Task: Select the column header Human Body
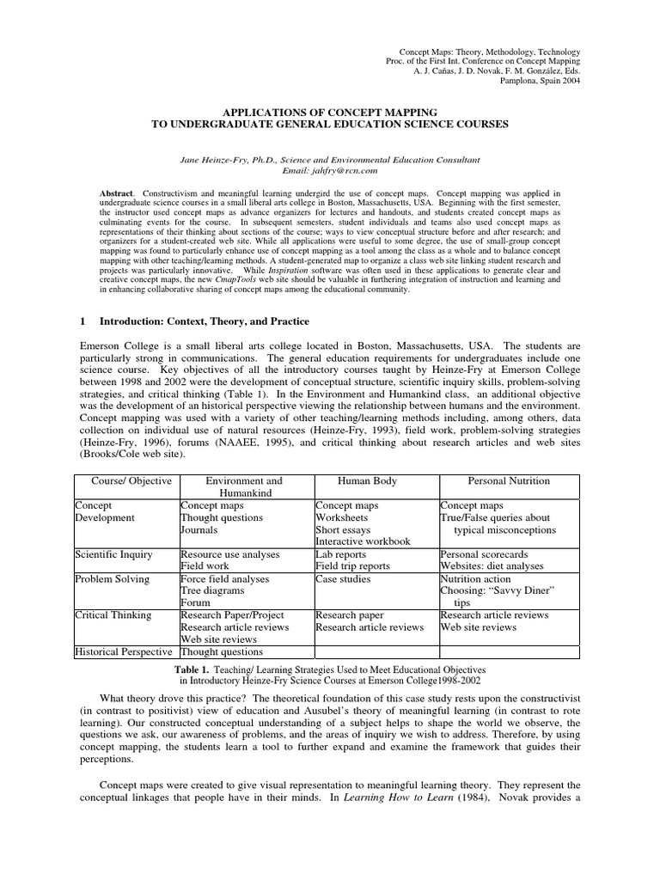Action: [368, 481]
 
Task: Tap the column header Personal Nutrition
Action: [509, 481]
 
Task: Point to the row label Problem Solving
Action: [112, 579]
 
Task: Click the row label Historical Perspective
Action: [125, 651]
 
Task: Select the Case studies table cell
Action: [343, 579]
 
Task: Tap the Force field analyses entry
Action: [224, 579]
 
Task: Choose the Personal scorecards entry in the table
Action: [484, 554]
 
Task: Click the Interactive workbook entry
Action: [363, 541]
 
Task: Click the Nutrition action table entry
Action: [480, 579]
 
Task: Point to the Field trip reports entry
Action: [352, 566]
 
